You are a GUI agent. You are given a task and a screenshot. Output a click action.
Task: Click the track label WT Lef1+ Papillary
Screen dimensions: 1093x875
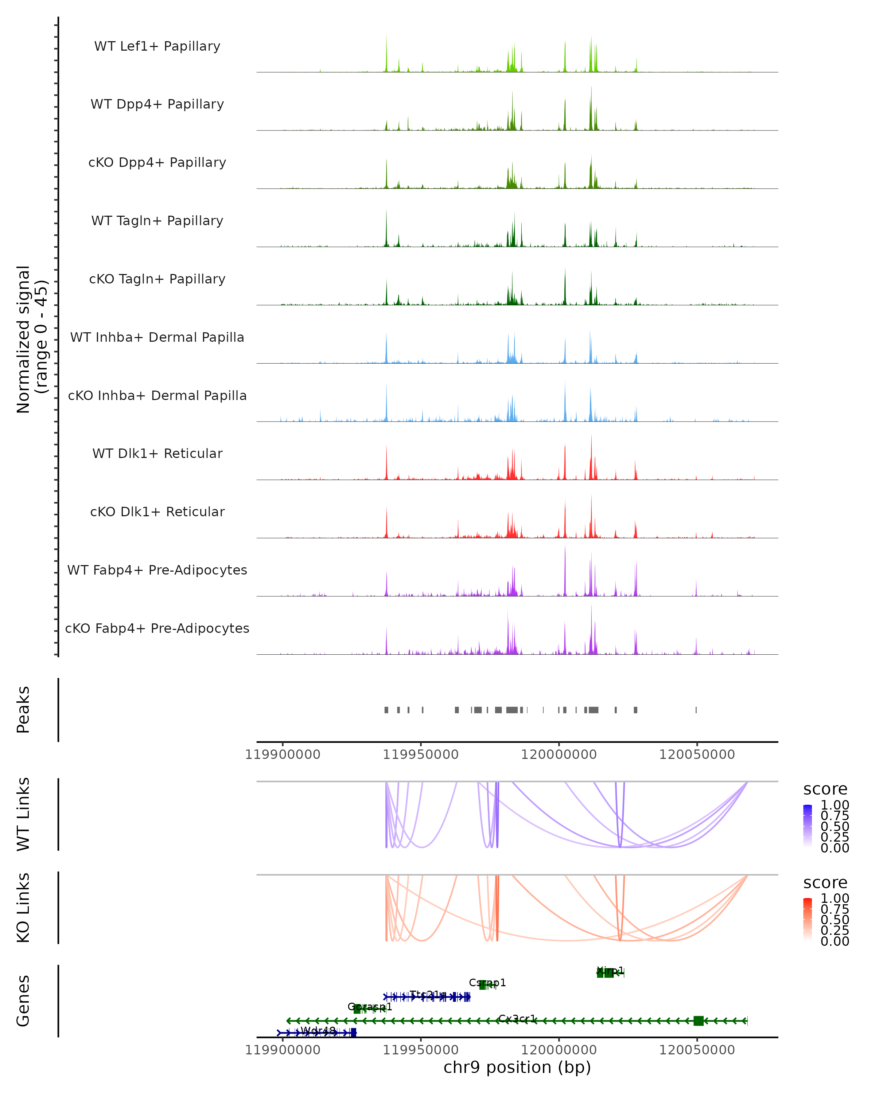157,46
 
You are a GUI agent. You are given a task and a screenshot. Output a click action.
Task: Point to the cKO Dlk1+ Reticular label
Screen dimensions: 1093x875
157,512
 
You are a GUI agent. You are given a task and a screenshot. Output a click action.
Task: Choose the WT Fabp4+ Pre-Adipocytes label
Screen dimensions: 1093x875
157,570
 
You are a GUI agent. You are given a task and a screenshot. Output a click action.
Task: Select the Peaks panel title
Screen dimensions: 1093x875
23,709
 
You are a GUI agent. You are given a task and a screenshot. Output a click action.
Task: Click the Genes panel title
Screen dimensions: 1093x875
23,1001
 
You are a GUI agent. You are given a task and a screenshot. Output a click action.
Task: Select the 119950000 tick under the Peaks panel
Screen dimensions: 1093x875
420,755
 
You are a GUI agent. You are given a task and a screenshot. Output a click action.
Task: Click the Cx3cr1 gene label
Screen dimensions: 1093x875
517,1018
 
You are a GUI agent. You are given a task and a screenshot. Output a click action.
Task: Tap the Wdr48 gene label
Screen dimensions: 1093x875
318,1031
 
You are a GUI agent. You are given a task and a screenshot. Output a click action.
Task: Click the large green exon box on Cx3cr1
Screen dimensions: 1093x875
699,1021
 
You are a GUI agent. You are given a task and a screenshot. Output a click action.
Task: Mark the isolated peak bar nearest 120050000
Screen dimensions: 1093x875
696,710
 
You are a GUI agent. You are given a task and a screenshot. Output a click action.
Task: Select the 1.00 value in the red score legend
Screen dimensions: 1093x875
835,899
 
